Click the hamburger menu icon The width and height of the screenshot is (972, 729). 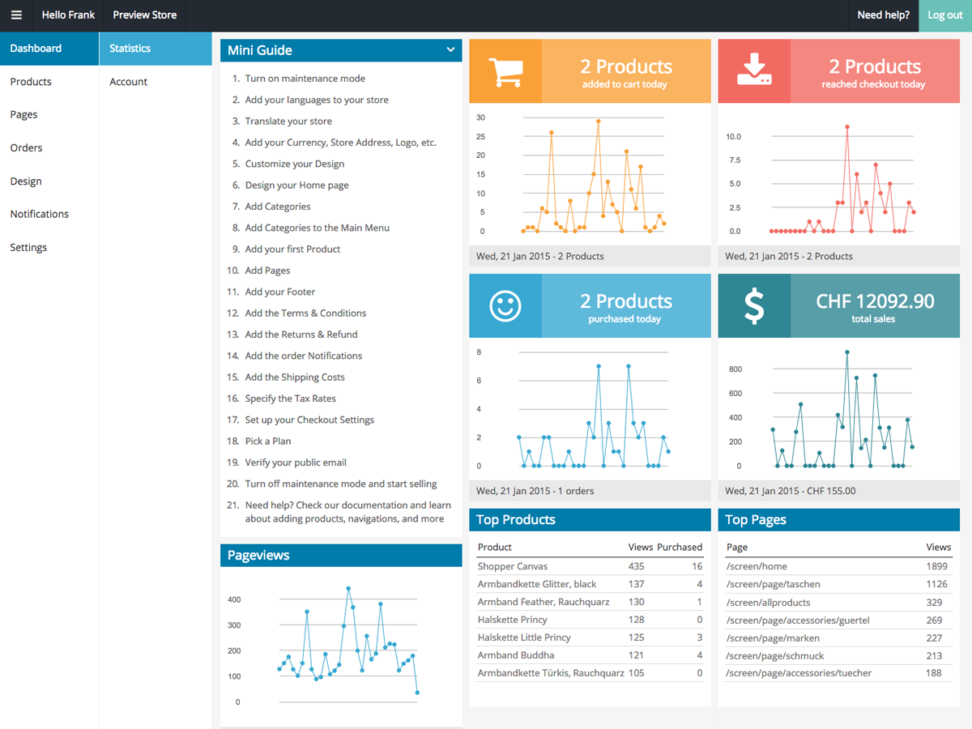16,15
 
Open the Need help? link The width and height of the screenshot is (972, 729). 883,15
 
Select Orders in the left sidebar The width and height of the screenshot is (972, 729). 26,148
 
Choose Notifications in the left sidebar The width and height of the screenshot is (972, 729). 39,215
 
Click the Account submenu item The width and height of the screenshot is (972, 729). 129,82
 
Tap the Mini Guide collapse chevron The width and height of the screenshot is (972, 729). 450,50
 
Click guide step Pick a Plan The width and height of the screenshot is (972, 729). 268,441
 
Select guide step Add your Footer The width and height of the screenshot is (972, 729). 280,292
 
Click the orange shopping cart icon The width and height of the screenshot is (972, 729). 505,71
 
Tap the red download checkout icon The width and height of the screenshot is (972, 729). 754,71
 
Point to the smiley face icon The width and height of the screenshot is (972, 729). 505,305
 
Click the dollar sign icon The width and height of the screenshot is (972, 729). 754,306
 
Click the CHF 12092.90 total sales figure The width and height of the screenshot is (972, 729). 875,301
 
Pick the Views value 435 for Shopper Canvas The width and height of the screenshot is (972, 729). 636,567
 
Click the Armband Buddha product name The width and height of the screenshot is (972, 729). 516,655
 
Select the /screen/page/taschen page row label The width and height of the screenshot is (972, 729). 773,585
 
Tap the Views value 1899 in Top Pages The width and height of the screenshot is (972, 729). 936,567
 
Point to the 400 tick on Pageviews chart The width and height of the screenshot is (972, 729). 234,600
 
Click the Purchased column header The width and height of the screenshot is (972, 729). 680,548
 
